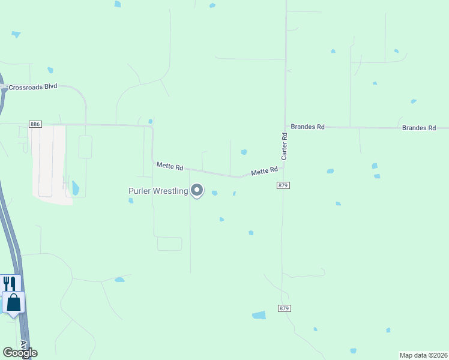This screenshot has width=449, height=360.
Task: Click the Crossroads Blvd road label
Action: click(x=32, y=86)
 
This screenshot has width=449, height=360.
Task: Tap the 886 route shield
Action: click(x=35, y=124)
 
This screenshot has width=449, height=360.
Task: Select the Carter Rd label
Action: click(x=285, y=146)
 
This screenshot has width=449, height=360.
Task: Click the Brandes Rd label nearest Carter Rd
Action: click(x=307, y=127)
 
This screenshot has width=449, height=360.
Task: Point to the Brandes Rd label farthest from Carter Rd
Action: click(x=419, y=128)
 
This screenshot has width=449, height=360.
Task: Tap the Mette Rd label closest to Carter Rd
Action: click(x=264, y=171)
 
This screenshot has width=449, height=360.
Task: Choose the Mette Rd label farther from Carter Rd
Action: click(x=170, y=166)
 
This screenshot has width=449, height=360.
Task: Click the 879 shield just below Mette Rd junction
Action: click(x=284, y=185)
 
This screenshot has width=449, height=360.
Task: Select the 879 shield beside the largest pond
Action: click(x=285, y=308)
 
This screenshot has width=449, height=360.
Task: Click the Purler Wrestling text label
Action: click(x=158, y=191)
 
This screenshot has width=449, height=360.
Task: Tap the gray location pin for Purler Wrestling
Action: click(x=197, y=191)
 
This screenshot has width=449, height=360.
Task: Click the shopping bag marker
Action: click(x=13, y=302)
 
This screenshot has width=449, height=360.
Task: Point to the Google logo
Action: click(x=20, y=353)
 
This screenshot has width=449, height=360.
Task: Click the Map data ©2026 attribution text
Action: click(x=423, y=355)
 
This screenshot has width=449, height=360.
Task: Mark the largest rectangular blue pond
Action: click(x=259, y=315)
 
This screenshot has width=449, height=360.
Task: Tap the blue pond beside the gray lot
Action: click(x=75, y=188)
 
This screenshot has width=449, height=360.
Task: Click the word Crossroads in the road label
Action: click(x=25, y=86)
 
